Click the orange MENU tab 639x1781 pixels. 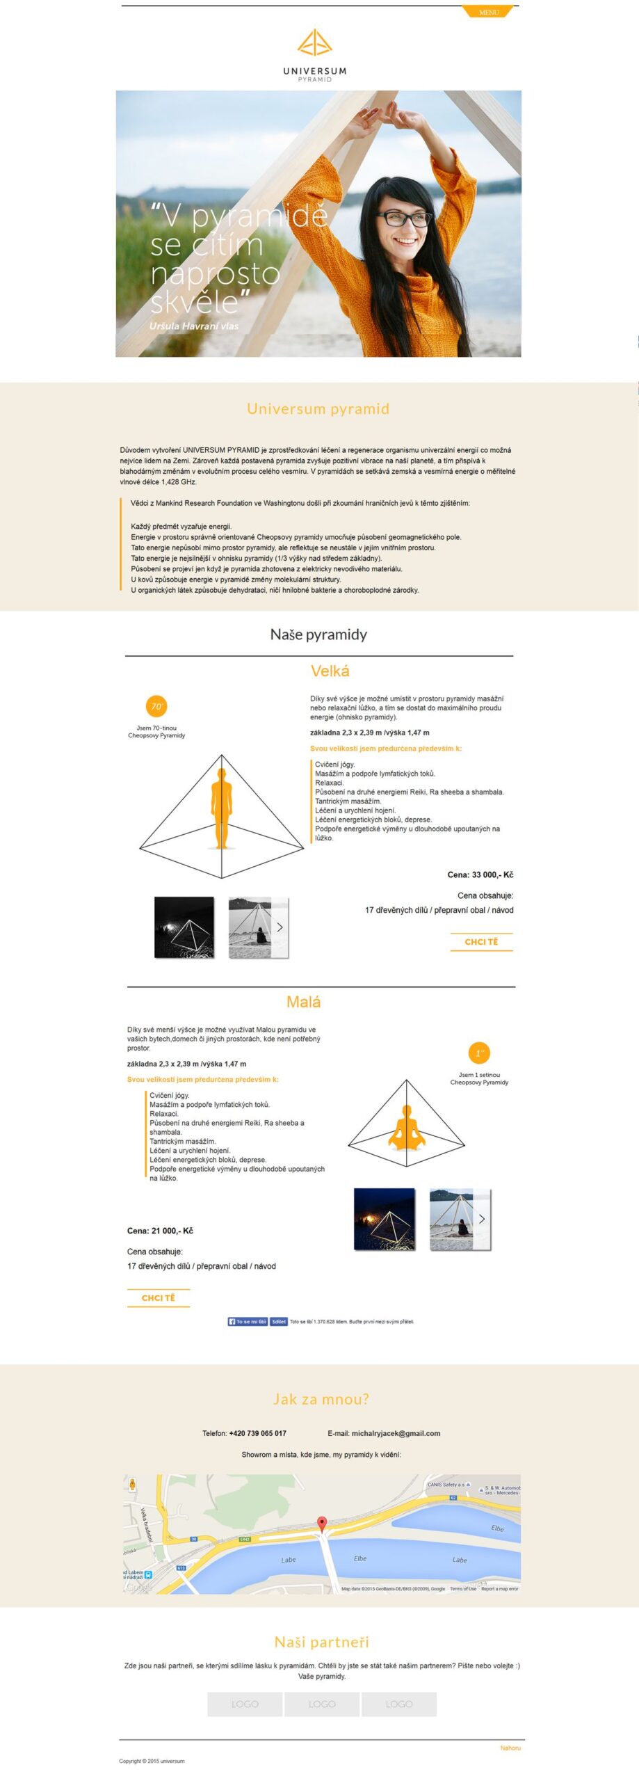[x=488, y=12]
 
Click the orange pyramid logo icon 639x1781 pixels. [x=314, y=42]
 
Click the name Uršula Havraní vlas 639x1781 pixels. [x=193, y=326]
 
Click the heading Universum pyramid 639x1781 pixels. [x=318, y=408]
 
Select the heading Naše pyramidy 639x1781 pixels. [x=318, y=634]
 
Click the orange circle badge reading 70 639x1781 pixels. [x=156, y=706]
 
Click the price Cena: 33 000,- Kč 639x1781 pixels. [x=480, y=874]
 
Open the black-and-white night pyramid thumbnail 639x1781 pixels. [x=184, y=927]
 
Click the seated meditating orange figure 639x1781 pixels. [x=407, y=1127]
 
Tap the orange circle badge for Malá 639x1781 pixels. [x=478, y=1053]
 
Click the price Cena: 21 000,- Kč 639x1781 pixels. [x=160, y=1231]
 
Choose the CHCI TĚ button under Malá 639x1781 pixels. [x=159, y=1297]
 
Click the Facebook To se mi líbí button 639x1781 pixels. [x=248, y=1321]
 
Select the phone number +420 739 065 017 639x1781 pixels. [x=257, y=1433]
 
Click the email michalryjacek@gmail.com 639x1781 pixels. [x=396, y=1433]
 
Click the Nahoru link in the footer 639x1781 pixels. [x=510, y=1748]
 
